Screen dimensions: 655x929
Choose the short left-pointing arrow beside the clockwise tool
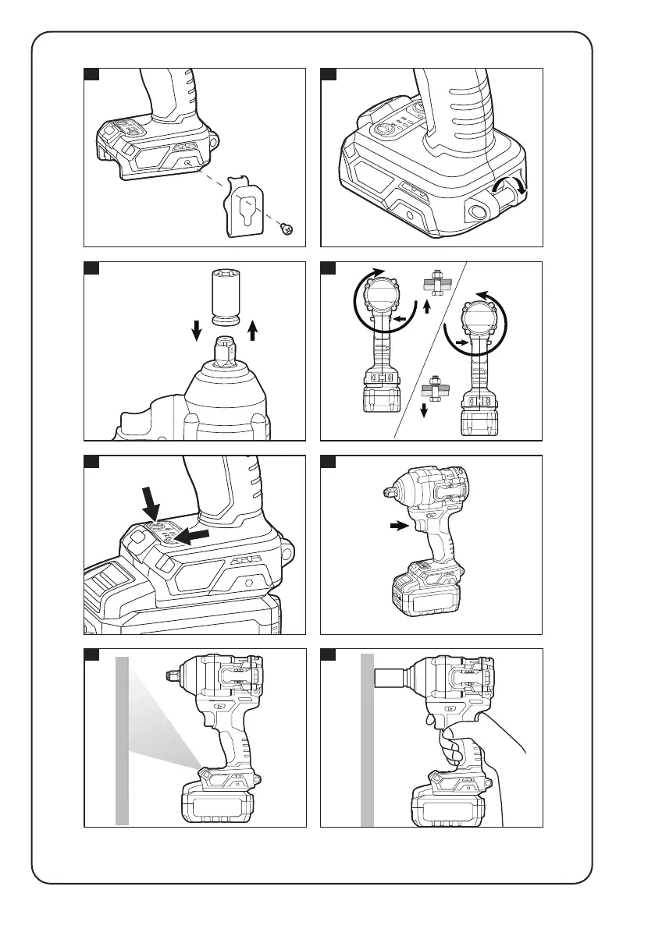pyautogui.click(x=401, y=318)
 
